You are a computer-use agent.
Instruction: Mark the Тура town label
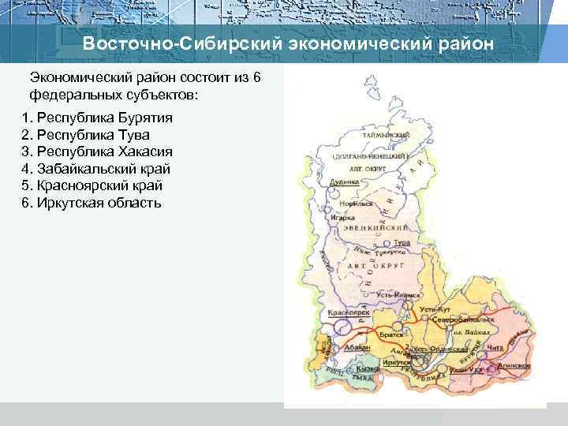tap(402, 241)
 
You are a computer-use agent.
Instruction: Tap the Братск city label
tap(390, 334)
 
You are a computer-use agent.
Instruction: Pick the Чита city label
tap(496, 348)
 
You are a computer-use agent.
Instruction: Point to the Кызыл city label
tap(367, 368)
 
